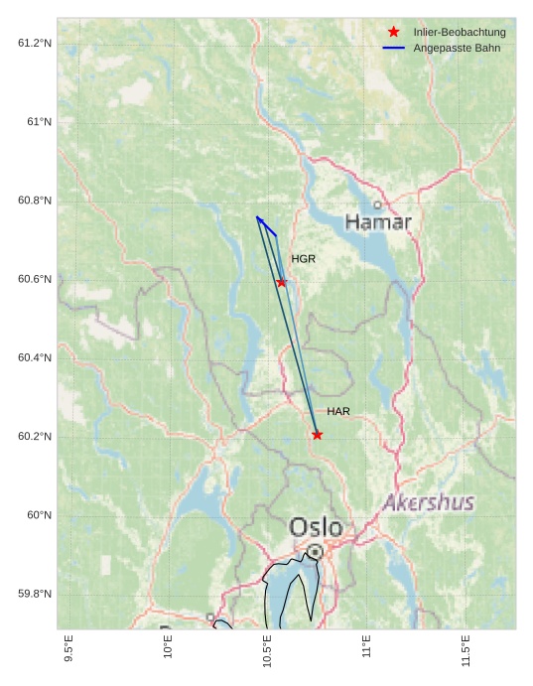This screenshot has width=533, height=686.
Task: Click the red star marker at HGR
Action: coord(282,283)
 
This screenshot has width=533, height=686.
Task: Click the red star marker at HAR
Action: coord(317,435)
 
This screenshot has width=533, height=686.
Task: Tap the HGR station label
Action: coord(303,259)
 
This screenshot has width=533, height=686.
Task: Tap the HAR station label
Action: coord(338,411)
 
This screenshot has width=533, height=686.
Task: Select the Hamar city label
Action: coord(378,222)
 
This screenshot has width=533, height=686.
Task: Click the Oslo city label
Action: coord(316,527)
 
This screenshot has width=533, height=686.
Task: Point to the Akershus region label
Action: coord(429,502)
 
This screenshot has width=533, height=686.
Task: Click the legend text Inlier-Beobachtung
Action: coord(460,33)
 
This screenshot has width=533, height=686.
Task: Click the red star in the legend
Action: coord(394,33)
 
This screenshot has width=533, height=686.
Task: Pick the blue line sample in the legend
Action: coord(394,48)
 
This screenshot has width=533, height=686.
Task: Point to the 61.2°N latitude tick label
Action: coord(35,43)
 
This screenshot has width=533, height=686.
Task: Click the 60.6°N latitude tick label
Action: coord(35,279)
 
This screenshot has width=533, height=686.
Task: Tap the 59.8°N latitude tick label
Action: coord(35,594)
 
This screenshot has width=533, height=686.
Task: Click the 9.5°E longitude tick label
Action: coord(67,652)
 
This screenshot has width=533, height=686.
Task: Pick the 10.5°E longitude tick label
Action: coord(267,652)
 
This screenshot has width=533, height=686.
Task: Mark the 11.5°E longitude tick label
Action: coord(466,652)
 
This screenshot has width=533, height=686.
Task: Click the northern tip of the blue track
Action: coord(257,216)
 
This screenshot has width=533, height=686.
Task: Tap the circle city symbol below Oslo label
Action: coord(315,551)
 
